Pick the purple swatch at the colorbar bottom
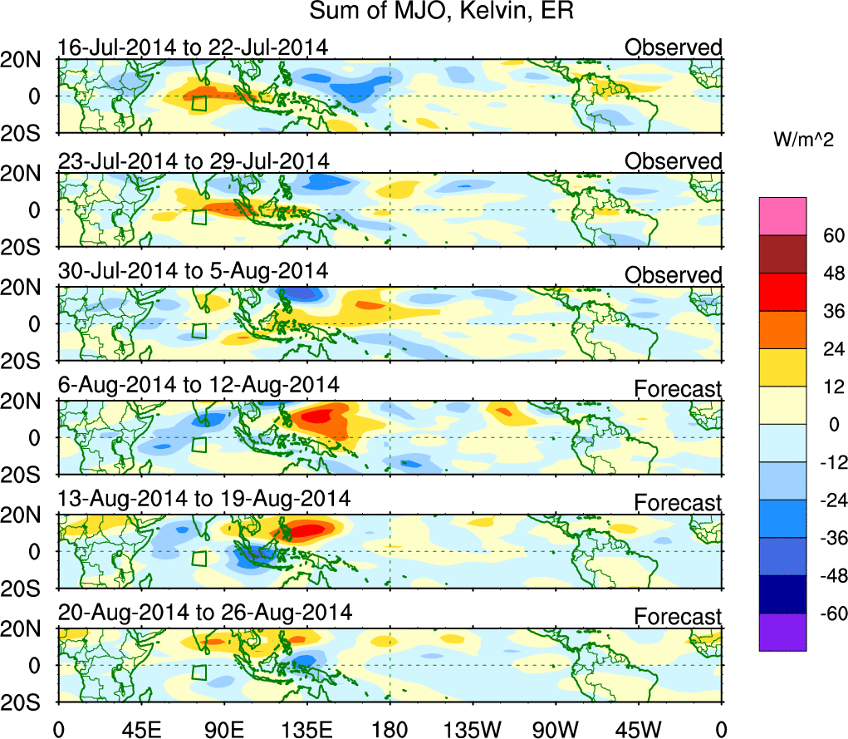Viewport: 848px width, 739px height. [782, 632]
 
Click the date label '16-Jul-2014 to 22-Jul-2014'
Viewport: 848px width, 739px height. [193, 47]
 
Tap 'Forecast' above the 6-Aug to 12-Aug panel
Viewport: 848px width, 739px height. [678, 389]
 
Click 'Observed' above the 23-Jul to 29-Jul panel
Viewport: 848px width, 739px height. [673, 161]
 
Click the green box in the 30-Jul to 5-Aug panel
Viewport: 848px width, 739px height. [199, 330]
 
